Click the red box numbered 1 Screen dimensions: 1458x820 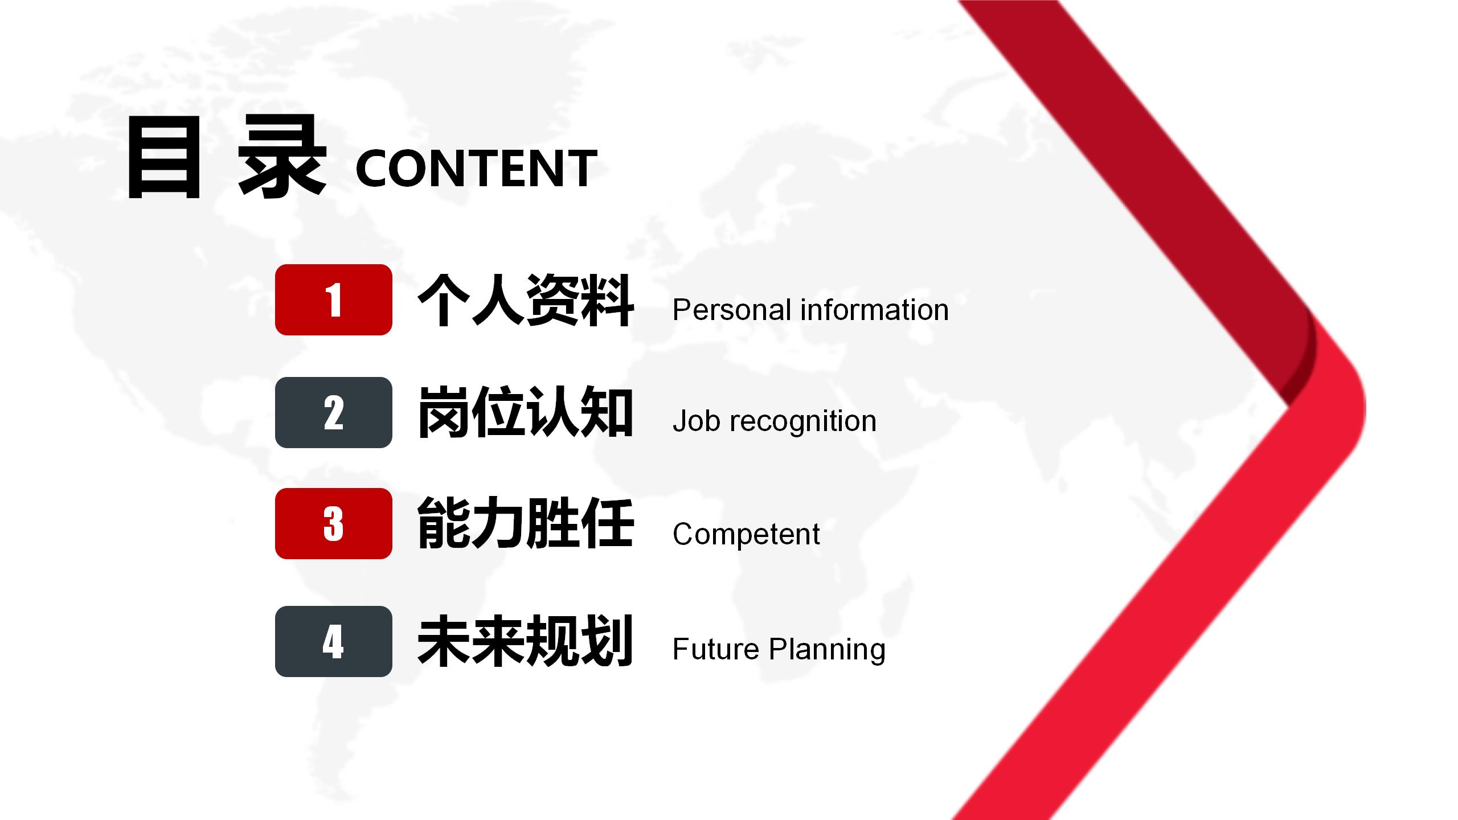(x=334, y=300)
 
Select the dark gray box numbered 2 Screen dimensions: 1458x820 (x=334, y=412)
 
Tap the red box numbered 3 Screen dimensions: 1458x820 (x=334, y=523)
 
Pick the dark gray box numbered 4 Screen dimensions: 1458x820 (x=334, y=641)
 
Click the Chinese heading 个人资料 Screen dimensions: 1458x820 (x=526, y=300)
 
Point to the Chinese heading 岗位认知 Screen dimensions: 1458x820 (x=526, y=412)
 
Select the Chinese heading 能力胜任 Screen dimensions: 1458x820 (x=526, y=523)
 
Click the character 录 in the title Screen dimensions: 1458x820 (x=282, y=156)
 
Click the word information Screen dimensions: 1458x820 (x=875, y=310)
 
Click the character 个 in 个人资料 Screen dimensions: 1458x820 (x=444, y=300)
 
